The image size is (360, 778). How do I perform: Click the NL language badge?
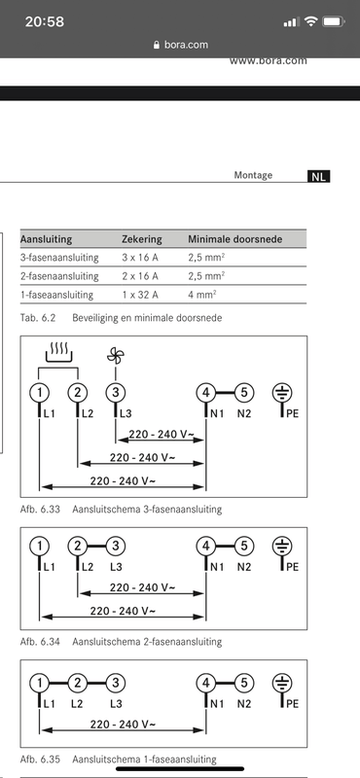(x=319, y=177)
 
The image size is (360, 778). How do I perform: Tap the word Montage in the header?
(x=253, y=176)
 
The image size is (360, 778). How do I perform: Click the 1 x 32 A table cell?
(x=142, y=294)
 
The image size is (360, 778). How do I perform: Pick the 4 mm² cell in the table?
(x=202, y=294)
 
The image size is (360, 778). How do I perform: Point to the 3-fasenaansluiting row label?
(x=57, y=257)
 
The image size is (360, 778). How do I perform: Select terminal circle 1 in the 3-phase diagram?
(x=39, y=393)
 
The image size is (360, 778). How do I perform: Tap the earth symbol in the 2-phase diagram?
(x=283, y=546)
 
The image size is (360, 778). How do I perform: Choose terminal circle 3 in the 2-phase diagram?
(x=116, y=546)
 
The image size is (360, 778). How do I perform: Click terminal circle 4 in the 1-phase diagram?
(x=205, y=681)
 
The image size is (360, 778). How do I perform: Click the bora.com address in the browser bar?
(x=185, y=45)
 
